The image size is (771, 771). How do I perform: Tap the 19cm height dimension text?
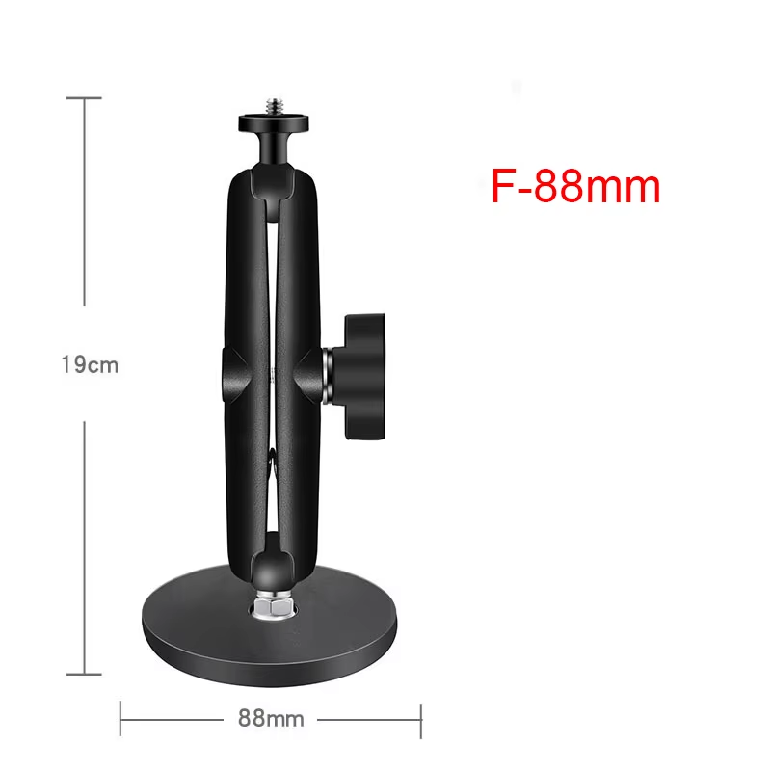pos(89,365)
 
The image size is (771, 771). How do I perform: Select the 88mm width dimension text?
pos(271,718)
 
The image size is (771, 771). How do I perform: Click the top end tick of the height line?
pos(86,98)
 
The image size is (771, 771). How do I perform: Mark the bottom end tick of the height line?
pos(86,675)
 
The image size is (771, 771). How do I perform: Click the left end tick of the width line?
pos(120,718)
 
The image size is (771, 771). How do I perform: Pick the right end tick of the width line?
pos(421,718)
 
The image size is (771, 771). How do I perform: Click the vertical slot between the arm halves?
pos(271,289)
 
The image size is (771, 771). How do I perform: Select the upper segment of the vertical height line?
pos(86,202)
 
